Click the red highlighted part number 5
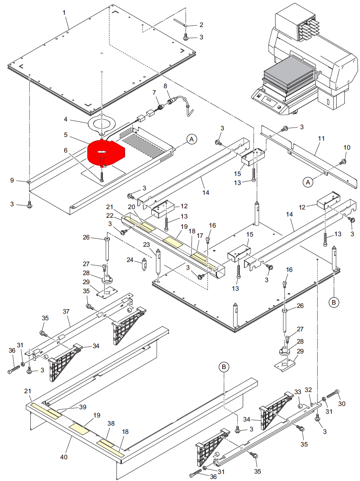106,153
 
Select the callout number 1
64,13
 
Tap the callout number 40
64,457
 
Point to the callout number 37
66,312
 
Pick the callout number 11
321,139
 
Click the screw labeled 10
344,161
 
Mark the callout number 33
298,392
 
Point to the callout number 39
83,407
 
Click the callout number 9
12,180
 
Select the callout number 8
166,86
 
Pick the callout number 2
201,25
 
